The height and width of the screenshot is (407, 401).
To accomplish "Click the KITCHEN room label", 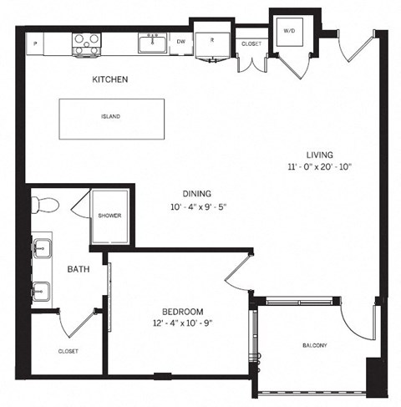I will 109,80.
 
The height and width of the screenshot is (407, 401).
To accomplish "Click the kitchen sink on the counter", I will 154,41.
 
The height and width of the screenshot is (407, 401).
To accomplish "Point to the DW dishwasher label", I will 181,40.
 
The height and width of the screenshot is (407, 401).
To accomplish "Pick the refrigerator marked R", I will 211,40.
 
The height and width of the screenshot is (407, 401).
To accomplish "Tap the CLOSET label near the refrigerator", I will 251,43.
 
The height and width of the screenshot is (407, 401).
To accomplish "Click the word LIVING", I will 320,155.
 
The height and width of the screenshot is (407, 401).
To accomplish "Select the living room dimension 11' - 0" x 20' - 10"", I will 320,167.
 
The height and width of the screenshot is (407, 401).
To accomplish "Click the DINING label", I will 196,193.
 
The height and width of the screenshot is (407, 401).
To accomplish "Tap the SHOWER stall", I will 109,216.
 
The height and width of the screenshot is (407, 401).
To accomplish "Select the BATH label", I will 80,269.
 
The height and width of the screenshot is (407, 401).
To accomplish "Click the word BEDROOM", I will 179,312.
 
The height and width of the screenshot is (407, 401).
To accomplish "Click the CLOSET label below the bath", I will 68,351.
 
